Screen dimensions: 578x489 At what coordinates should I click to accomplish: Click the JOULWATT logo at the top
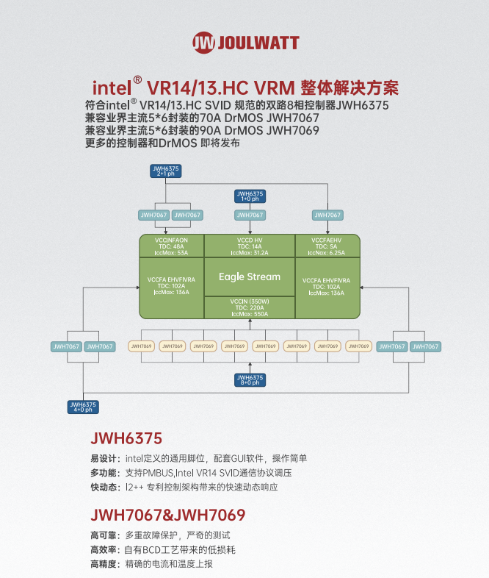click(245, 42)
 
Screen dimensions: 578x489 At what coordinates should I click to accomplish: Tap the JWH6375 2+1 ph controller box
click(165, 172)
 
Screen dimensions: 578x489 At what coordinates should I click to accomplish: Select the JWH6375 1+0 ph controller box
click(250, 195)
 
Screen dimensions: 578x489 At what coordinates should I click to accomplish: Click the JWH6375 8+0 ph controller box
click(250, 379)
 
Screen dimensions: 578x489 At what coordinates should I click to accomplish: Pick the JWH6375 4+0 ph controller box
click(83, 406)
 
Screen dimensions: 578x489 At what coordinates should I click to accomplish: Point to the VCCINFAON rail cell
click(171, 246)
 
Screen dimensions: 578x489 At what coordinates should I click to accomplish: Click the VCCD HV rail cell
click(250, 246)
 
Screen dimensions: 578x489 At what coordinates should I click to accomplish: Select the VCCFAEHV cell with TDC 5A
click(327, 246)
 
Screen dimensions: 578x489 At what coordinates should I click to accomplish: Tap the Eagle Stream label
click(250, 276)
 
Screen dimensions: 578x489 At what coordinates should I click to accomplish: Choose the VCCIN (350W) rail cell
click(250, 307)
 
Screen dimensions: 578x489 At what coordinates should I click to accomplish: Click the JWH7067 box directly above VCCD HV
click(250, 215)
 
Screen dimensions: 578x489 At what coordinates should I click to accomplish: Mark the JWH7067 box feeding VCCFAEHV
click(327, 215)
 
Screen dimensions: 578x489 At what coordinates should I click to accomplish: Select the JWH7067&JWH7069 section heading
click(167, 515)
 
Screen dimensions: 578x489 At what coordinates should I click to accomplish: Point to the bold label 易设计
click(103, 457)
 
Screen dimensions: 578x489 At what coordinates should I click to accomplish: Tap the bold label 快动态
click(103, 487)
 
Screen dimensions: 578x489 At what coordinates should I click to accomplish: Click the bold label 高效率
click(103, 549)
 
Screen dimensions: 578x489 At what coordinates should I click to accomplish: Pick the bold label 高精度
click(103, 564)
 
